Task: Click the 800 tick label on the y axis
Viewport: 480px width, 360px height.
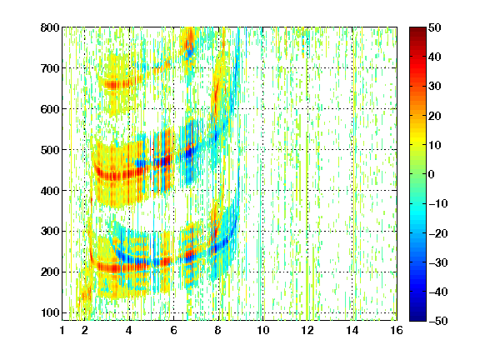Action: (50, 27)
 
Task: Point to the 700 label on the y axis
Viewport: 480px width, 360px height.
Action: (50, 68)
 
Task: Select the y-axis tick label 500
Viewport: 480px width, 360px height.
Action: (50, 150)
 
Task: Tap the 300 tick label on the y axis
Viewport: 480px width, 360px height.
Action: (50, 232)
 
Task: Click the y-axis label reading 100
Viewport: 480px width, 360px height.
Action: (50, 312)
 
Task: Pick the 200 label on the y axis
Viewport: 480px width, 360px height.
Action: (50, 272)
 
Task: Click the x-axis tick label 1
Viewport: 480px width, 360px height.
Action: (62, 330)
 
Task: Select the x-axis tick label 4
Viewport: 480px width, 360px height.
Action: (129, 330)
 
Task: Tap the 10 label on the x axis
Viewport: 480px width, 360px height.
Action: (263, 330)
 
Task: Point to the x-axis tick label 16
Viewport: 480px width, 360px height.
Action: (397, 330)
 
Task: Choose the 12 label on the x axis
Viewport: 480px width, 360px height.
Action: (307, 330)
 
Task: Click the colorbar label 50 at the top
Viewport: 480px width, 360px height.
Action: (435, 27)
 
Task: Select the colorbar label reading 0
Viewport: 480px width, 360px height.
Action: (432, 174)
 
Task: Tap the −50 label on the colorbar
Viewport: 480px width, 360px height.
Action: (437, 321)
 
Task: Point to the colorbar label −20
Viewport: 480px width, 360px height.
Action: (437, 233)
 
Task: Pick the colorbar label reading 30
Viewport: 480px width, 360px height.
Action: (435, 87)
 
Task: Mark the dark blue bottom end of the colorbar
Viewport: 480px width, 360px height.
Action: (417, 318)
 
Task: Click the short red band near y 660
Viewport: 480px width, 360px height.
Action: (122, 83)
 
